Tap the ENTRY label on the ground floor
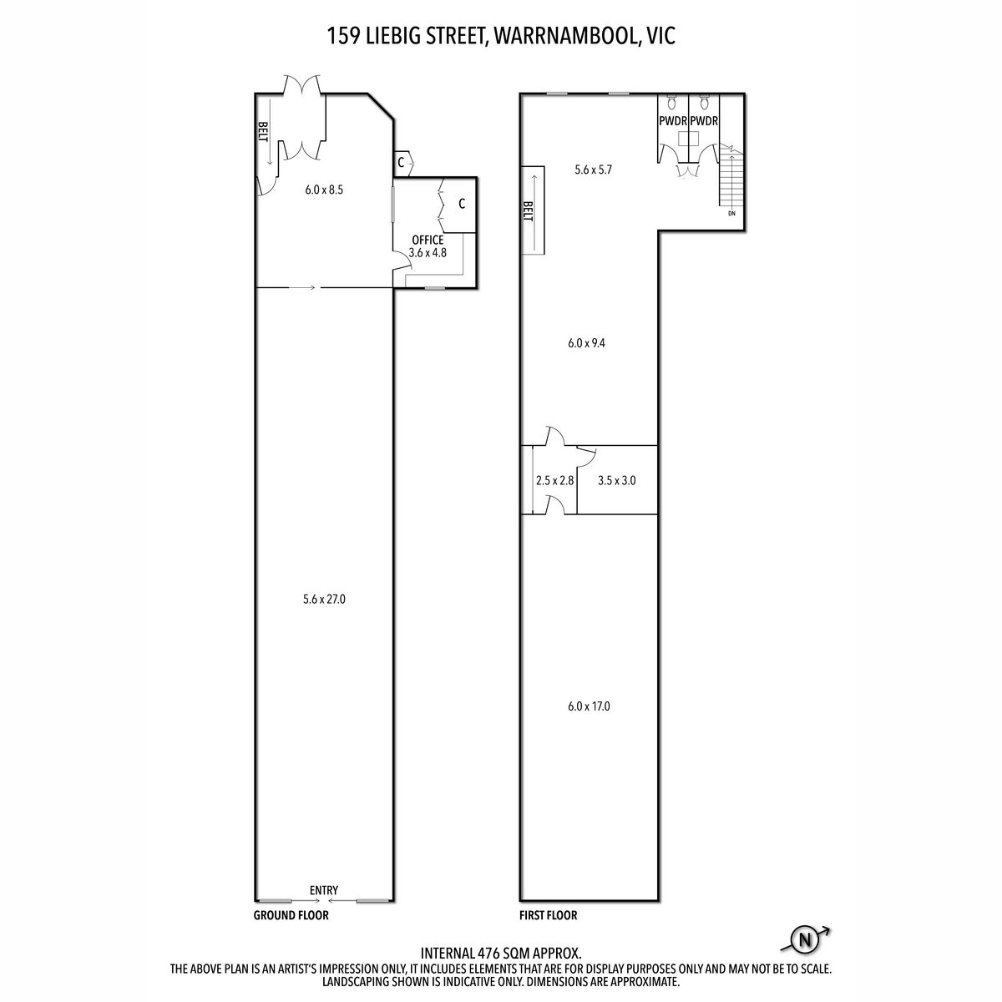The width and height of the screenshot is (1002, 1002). click(323, 890)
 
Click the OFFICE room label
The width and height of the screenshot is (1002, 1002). click(428, 240)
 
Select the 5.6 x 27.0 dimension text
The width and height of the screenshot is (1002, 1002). click(324, 599)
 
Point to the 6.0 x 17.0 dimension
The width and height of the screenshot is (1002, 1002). click(589, 706)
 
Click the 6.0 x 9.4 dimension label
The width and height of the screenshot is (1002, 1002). click(586, 343)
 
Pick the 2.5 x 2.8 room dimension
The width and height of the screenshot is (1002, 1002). click(554, 480)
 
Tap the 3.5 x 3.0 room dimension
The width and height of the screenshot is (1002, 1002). click(617, 480)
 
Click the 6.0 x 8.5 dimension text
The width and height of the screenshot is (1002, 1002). click(324, 190)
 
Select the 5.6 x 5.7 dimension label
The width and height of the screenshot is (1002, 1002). click(594, 170)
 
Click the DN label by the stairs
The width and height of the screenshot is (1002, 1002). click(731, 213)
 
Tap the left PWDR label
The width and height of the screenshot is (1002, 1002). click(673, 121)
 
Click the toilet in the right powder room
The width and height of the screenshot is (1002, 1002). click(704, 101)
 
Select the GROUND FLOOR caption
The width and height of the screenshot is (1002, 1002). click(291, 915)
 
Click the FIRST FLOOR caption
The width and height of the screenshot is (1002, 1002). click(548, 915)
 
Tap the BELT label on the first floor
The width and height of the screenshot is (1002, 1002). click(529, 211)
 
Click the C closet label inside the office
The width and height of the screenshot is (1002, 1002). click(462, 205)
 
